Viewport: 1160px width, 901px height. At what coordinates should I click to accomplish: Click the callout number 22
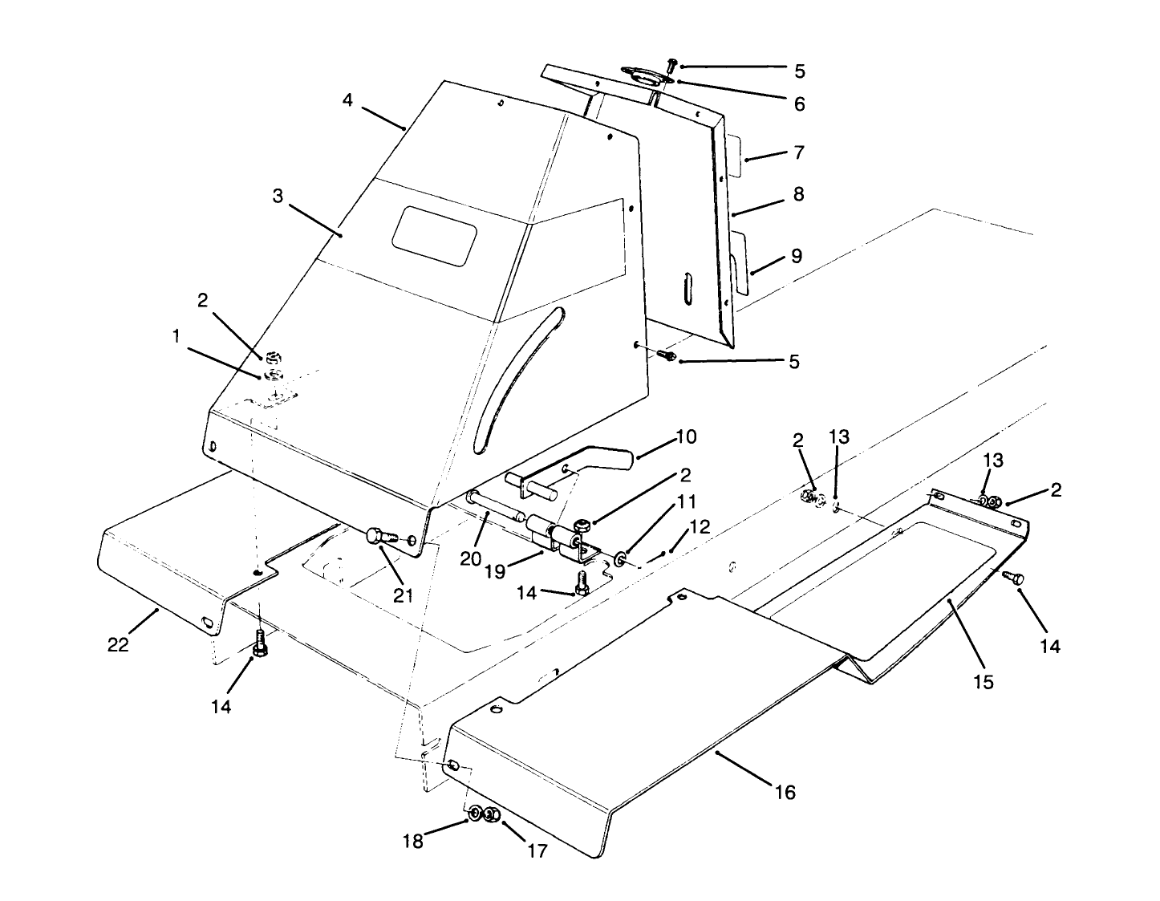[118, 644]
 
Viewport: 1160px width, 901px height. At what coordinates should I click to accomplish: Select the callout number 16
[785, 792]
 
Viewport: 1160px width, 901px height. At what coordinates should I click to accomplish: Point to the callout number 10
[686, 436]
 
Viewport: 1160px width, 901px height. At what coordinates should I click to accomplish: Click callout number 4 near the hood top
[347, 100]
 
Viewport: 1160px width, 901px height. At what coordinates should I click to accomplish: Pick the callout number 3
[278, 196]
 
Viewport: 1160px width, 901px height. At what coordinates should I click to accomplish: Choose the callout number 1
[175, 337]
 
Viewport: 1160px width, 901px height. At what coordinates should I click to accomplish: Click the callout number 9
[796, 256]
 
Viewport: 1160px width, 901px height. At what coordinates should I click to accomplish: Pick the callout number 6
[798, 103]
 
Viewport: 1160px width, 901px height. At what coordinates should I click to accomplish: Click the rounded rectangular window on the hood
[434, 235]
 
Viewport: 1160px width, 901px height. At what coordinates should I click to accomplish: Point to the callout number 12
[699, 526]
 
